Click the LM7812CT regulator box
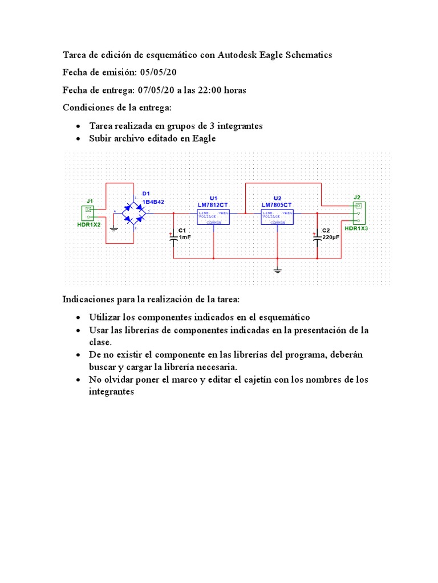tap(213, 216)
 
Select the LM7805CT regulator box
tap(277, 216)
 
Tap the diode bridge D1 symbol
tap(135, 213)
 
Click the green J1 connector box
tap(88, 213)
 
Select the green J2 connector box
tap(359, 213)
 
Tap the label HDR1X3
tap(356, 228)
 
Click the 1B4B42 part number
tap(153, 202)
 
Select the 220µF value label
tap(331, 237)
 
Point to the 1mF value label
tap(185, 237)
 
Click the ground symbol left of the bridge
tap(113, 228)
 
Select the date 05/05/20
tap(158, 73)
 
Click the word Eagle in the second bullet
tap(204, 138)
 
